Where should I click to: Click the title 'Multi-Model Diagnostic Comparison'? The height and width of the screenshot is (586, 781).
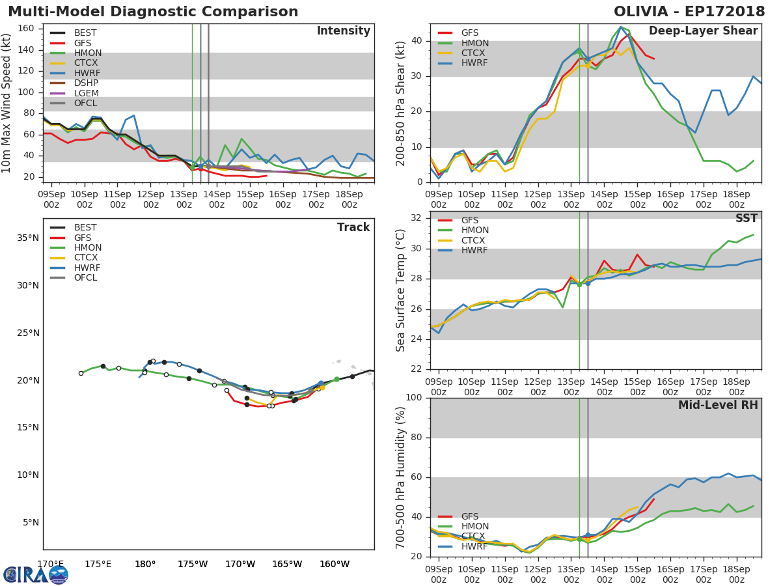[x=153, y=12]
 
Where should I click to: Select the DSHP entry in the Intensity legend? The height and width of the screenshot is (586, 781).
[x=86, y=84]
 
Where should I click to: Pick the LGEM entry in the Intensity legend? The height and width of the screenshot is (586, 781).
[x=86, y=94]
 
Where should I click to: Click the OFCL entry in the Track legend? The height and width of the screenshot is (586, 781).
[x=85, y=278]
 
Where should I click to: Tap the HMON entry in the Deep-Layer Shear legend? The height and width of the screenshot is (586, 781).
[x=474, y=43]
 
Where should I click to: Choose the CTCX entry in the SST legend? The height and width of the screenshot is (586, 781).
[x=474, y=240]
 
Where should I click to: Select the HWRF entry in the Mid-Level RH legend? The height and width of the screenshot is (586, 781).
[x=474, y=546]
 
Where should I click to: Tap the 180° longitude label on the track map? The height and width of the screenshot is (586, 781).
[x=144, y=565]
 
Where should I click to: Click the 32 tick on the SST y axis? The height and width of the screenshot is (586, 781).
[x=417, y=218]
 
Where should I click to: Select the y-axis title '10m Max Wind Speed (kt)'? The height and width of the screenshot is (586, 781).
[x=8, y=103]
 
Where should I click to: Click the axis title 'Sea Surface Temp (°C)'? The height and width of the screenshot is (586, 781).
[x=401, y=290]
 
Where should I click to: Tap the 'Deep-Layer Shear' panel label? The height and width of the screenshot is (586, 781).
[x=703, y=31]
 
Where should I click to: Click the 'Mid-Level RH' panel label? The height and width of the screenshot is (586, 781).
[x=718, y=405]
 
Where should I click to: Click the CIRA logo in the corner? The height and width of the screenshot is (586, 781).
[x=35, y=574]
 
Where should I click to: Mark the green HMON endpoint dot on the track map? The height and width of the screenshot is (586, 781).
[x=336, y=379]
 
